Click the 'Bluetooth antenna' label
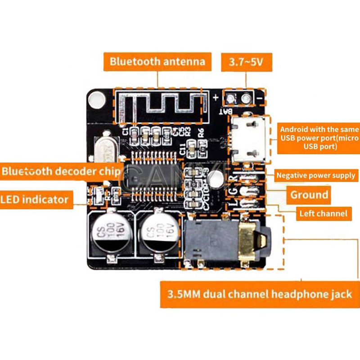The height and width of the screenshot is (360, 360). click(x=157, y=61)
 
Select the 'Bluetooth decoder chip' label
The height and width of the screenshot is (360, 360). click(x=61, y=171)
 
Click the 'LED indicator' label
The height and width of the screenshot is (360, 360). click(x=35, y=199)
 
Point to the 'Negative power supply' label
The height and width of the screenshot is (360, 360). click(x=315, y=175)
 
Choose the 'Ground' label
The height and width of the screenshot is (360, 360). click(x=309, y=195)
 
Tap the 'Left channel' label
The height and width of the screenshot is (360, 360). click(x=324, y=213)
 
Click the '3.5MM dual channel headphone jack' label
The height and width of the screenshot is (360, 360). click(x=259, y=295)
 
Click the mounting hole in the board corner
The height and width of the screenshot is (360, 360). click(x=96, y=99)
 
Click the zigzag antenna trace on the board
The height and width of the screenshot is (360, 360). click(x=162, y=105)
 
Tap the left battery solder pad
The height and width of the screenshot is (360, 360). click(x=233, y=99)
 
